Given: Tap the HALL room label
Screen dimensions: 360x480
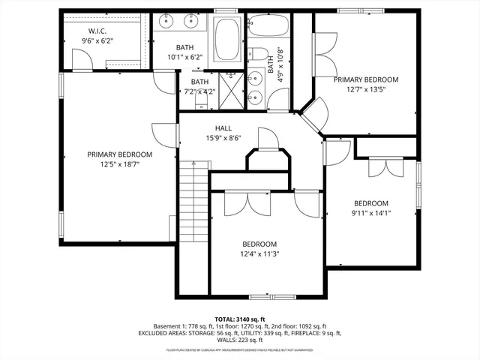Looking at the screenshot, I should point(223,127).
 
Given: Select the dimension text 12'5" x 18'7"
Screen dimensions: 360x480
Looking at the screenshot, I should point(119,163).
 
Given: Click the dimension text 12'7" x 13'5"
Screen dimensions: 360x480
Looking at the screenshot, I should point(365,88).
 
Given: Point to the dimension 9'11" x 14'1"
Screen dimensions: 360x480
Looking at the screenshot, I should point(371,213).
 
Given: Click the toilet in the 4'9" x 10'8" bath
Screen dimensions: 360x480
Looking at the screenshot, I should point(259,53).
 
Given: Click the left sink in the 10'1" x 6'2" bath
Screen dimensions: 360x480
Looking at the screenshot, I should point(165,21).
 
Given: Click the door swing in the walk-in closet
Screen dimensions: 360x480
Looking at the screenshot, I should point(81,58).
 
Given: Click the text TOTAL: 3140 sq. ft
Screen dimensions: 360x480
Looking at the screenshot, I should point(239,319).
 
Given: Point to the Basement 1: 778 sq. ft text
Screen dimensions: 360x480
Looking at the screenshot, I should point(175,326).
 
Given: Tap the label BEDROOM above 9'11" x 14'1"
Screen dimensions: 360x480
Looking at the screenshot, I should point(371,203).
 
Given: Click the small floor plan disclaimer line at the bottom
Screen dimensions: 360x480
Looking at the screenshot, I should point(239,349).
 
